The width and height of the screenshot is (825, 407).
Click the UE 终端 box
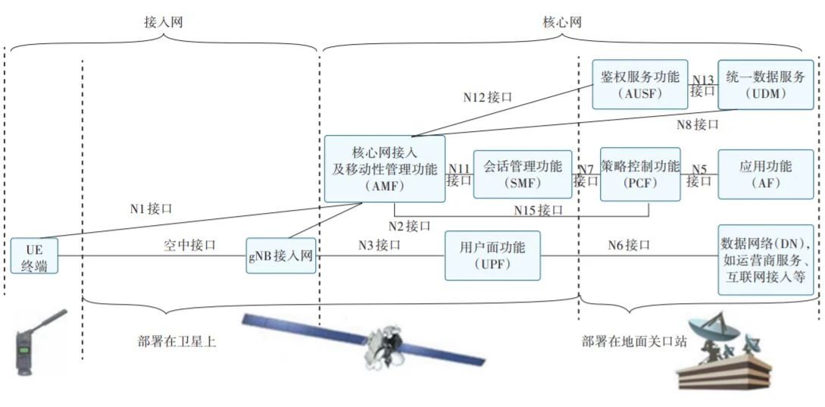(x=34, y=255)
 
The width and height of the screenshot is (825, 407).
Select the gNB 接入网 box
(x=280, y=255)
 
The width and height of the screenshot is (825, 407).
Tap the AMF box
(x=384, y=168)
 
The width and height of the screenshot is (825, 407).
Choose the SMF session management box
(x=522, y=174)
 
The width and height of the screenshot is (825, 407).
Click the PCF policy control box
(x=639, y=174)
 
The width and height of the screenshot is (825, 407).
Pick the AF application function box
(x=765, y=174)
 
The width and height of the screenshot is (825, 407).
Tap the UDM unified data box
(x=765, y=84)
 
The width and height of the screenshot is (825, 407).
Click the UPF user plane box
(x=492, y=255)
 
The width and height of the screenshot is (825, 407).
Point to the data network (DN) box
(x=765, y=260)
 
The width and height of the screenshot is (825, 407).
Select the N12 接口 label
(x=488, y=98)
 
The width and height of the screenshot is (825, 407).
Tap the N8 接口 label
(x=697, y=124)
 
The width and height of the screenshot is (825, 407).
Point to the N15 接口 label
(x=539, y=210)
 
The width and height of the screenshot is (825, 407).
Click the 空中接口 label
(x=189, y=245)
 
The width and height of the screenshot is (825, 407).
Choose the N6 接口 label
(x=629, y=245)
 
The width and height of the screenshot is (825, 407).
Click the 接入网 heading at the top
(x=163, y=23)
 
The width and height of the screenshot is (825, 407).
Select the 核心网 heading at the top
(x=562, y=23)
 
